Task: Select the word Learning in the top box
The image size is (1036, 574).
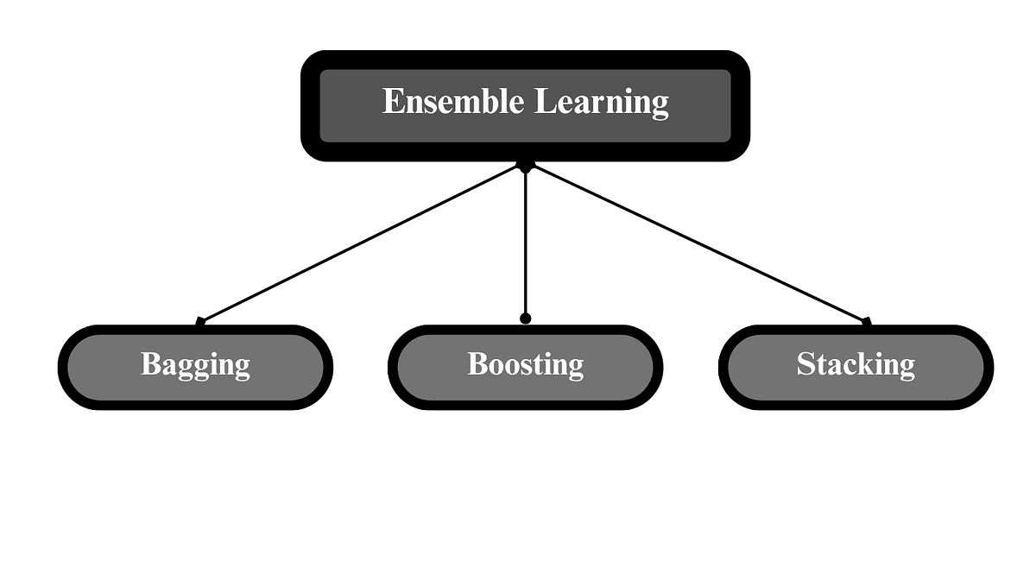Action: click(x=602, y=103)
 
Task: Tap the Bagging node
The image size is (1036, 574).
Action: click(x=195, y=366)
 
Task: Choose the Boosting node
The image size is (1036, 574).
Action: click(x=525, y=366)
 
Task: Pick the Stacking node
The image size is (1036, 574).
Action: click(x=856, y=366)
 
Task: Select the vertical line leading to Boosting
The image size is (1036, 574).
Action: click(x=525, y=242)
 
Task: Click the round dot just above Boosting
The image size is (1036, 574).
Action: click(x=525, y=319)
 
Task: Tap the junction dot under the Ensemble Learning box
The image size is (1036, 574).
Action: click(x=525, y=165)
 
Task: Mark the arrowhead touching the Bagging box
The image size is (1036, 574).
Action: click(x=200, y=322)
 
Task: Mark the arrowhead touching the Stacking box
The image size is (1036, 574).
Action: click(x=866, y=322)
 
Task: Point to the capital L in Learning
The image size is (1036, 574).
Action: click(x=543, y=101)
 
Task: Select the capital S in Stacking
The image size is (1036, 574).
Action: click(x=805, y=364)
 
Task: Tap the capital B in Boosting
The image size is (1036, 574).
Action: click(x=477, y=363)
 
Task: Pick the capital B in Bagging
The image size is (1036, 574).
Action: click(x=150, y=363)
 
